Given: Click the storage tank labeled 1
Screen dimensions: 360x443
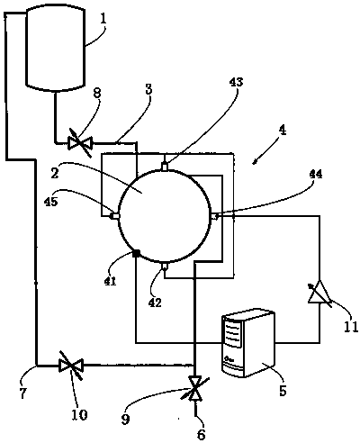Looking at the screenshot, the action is point(55,48).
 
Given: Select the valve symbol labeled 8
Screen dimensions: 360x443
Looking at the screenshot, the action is point(80,143).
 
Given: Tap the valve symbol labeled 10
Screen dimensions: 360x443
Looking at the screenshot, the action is point(71,366).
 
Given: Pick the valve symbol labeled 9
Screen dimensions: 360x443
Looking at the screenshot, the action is point(194,389).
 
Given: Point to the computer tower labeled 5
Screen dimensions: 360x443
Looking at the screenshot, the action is point(247,342).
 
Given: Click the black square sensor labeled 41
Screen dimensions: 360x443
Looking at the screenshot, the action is point(136,254).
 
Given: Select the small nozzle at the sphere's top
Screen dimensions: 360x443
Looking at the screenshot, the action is point(165,167).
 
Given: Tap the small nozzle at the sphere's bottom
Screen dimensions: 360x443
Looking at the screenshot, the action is point(165,266).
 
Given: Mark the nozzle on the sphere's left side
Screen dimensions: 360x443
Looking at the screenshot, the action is point(115,216).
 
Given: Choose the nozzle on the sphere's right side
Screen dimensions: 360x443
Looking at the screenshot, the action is point(214,216).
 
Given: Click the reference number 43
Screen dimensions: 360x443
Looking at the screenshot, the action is point(236,82).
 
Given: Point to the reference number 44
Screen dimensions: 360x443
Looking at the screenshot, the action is point(315,174).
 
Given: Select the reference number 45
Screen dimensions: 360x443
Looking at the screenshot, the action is point(50,202).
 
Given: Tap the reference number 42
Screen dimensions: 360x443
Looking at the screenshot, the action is point(155,303).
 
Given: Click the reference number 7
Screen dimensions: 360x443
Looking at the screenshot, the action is point(23,393).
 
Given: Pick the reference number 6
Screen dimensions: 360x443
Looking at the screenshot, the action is point(201,434).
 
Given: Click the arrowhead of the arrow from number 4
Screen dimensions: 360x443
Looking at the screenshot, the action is point(254,163).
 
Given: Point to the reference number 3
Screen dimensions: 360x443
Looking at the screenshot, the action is point(149,90).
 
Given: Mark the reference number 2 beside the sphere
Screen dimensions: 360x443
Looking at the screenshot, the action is point(55,174).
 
